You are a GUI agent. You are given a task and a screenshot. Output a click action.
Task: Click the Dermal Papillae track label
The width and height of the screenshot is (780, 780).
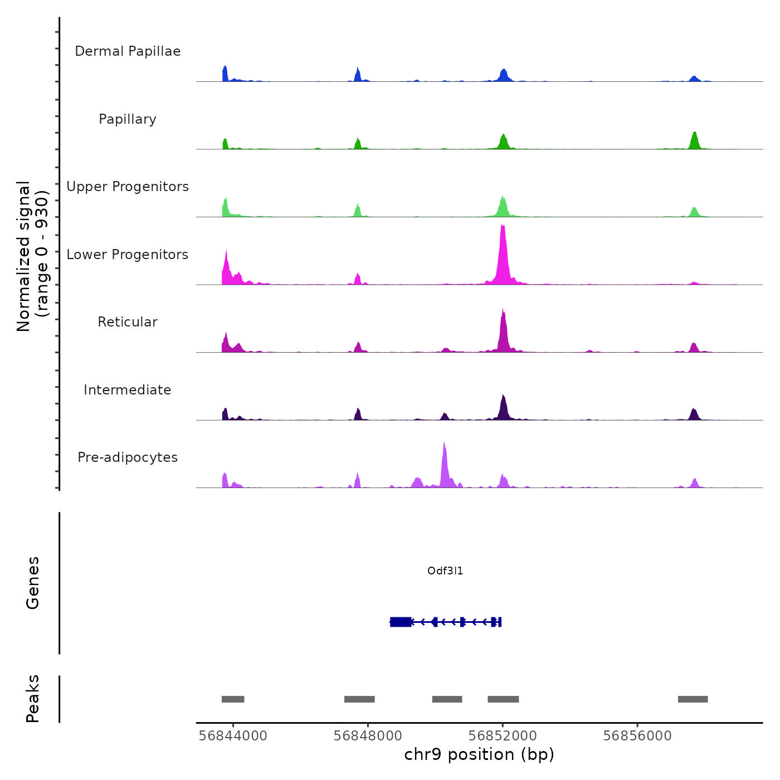128,51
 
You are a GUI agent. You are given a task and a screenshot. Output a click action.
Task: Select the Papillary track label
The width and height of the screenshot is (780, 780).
128,119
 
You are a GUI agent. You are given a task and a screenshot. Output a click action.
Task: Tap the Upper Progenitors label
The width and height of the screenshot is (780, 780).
128,187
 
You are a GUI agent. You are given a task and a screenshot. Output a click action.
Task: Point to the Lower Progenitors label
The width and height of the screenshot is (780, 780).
128,255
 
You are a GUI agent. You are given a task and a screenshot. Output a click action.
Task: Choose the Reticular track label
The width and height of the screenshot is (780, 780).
128,322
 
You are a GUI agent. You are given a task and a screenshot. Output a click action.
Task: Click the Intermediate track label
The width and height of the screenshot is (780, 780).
128,390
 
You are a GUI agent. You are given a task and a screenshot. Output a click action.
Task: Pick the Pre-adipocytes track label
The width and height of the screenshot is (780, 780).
128,457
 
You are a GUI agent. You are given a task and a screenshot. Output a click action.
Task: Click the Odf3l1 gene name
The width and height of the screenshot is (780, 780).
445,571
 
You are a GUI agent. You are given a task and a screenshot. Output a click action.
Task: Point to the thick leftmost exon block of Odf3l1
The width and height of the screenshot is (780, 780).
401,622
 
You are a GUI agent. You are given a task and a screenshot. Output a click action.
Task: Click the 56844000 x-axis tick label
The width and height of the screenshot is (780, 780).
233,735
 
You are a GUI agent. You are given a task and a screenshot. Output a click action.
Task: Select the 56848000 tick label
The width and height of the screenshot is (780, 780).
368,735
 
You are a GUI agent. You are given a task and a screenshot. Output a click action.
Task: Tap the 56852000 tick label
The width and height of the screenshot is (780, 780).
503,735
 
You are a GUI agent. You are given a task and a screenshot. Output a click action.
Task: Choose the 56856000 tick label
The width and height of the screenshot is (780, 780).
637,735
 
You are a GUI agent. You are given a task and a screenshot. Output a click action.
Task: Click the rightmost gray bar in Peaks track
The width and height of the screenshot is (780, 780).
693,699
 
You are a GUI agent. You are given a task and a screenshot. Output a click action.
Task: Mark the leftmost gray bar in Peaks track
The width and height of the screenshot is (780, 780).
233,699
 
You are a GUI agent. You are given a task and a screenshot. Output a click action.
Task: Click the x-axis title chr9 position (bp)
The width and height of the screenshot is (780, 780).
479,754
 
